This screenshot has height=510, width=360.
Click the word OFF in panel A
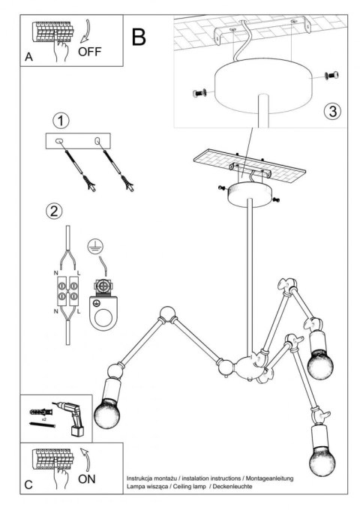point(89,52)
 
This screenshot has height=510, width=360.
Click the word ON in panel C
point(86,478)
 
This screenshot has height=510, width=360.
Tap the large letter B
point(139,37)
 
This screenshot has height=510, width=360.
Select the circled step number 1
point(61,121)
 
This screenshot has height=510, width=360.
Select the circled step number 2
point(54,211)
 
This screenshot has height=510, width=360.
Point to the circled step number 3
point(332,111)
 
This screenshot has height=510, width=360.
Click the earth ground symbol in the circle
point(96,246)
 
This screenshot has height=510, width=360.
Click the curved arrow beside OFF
point(85,31)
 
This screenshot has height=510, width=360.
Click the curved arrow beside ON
point(85,459)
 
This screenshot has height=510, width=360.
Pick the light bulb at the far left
point(107,412)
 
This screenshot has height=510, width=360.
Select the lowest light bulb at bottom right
point(322,461)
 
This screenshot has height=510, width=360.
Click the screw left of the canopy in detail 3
point(199,93)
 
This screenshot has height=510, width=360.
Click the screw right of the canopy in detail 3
point(331,76)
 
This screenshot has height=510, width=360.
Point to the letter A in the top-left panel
point(29,57)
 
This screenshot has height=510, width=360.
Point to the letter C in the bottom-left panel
point(28,485)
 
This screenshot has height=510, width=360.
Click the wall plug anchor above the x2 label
point(41,412)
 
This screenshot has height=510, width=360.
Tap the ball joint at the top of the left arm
point(167,313)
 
